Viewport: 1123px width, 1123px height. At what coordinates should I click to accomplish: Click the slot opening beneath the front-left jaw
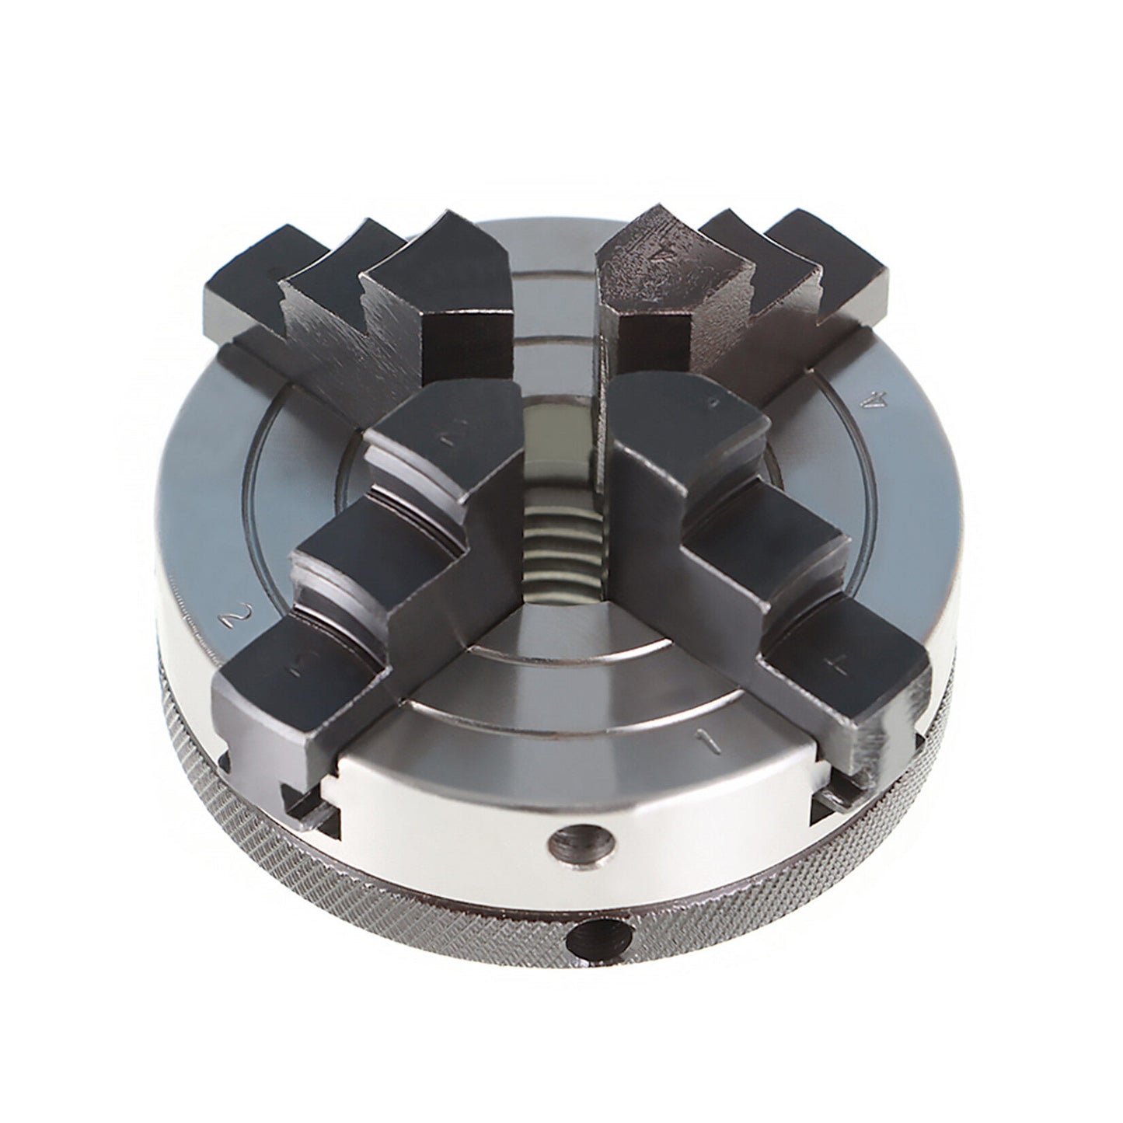[x=311, y=808]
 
